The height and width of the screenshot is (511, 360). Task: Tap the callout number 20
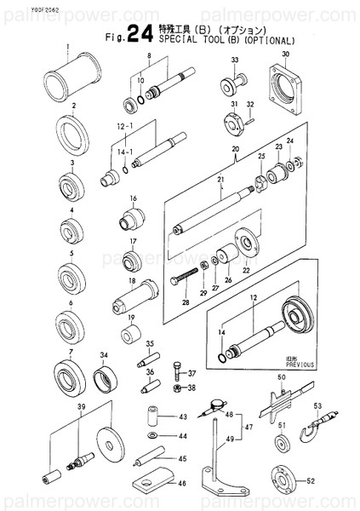pos(235,149)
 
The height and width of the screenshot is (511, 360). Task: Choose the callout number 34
pos(104,355)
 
